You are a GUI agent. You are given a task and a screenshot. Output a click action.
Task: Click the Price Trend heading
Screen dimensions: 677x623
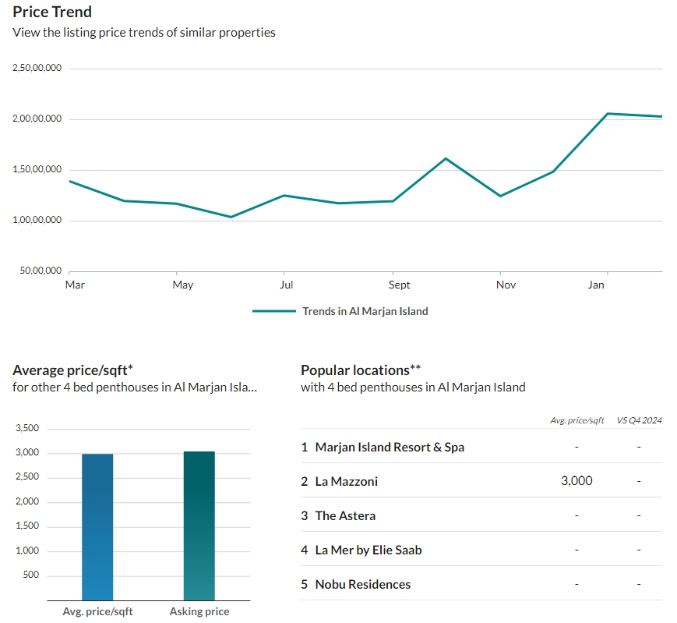[x=52, y=12]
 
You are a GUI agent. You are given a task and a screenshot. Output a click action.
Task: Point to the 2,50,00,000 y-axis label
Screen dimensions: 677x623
[x=37, y=68]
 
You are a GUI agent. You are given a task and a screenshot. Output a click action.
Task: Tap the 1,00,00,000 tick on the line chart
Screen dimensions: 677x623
[x=37, y=220]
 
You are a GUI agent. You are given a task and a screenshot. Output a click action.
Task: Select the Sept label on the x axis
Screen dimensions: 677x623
[x=399, y=285]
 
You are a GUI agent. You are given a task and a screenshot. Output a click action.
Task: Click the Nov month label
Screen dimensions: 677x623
[x=506, y=285]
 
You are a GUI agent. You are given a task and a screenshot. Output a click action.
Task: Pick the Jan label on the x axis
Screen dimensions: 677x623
[x=596, y=285]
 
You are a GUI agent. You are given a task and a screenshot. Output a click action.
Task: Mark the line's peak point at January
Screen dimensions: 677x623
[x=607, y=114]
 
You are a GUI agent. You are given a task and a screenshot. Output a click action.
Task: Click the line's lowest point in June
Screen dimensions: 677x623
[x=231, y=217]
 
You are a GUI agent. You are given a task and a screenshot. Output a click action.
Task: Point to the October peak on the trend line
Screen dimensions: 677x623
[x=446, y=158]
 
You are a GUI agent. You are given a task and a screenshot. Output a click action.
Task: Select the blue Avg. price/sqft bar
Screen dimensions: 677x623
[x=97, y=527]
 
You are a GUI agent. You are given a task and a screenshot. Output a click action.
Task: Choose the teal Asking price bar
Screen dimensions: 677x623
[x=199, y=526]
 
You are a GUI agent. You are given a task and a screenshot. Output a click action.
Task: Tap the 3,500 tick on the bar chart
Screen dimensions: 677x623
[x=27, y=428]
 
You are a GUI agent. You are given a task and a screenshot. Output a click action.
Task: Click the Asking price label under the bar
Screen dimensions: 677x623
[x=199, y=612]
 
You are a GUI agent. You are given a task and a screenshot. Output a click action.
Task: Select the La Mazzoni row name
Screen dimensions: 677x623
[x=346, y=481]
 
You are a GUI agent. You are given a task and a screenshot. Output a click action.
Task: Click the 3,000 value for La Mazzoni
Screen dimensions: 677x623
[x=577, y=481]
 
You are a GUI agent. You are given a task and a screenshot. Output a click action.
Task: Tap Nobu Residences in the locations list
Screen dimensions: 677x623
[x=363, y=585]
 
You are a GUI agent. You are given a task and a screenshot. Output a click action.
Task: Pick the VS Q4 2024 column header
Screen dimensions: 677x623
[x=639, y=420]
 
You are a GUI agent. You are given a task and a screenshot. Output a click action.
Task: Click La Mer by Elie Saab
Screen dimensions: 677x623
[x=368, y=550]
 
